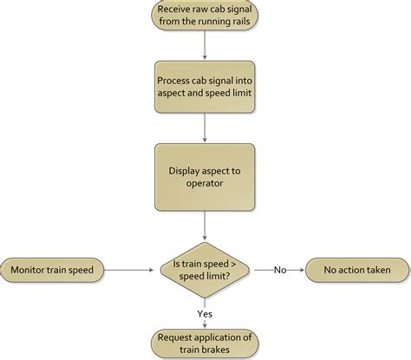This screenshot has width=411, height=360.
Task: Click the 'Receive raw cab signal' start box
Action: point(204,16)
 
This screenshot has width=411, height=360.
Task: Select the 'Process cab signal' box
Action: point(204,85)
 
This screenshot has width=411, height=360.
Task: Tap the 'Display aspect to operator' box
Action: point(204,178)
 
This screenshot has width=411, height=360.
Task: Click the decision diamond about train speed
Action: point(205,270)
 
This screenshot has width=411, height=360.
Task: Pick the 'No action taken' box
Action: point(357,270)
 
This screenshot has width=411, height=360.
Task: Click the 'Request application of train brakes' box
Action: point(205,343)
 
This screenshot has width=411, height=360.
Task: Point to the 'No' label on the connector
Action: point(280,270)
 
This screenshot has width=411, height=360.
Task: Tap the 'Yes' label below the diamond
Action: point(205,313)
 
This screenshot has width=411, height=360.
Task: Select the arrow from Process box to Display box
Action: point(204,128)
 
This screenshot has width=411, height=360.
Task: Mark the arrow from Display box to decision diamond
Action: point(204,226)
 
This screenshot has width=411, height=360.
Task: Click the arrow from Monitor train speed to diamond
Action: point(130,270)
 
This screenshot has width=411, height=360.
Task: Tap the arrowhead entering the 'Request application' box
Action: point(205,325)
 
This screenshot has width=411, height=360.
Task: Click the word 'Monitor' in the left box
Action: point(31,270)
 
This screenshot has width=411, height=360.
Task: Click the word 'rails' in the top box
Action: point(236,23)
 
